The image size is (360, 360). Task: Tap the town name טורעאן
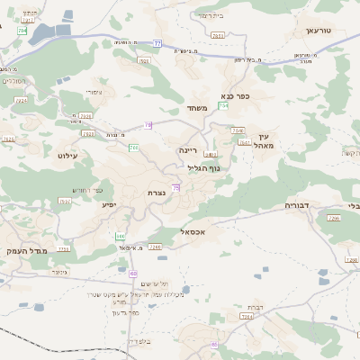319,31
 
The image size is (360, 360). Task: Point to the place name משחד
198,109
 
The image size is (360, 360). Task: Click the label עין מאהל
264,140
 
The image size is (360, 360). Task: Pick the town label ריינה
187,151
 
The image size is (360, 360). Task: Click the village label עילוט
68,156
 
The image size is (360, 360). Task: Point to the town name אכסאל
195,231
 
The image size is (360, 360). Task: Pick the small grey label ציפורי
94,92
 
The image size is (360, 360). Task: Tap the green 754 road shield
222,105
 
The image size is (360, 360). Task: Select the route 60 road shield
133,274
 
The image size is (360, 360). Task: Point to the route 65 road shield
214,344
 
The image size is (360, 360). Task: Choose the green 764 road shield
132,147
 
